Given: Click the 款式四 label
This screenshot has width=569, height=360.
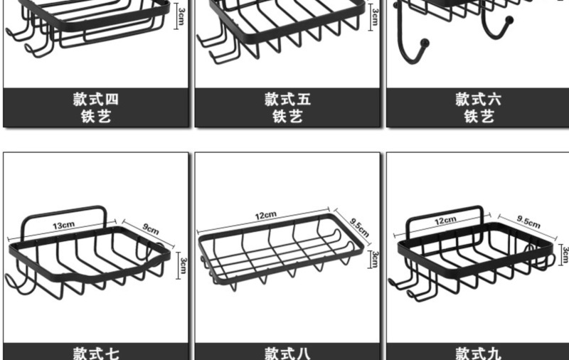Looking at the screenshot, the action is (x=96, y=100).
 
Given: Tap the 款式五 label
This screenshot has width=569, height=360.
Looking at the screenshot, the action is (x=287, y=100).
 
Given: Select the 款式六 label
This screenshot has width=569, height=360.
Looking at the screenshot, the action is (x=479, y=100).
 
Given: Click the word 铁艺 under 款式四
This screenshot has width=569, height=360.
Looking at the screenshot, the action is (x=96, y=117).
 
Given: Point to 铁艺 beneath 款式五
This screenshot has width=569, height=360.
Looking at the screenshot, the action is (x=287, y=117).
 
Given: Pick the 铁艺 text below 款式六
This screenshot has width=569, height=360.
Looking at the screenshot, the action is (x=479, y=117).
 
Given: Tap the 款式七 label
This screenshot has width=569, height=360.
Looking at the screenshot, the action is (x=96, y=353).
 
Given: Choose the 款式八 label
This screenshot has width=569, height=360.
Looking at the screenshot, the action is (x=287, y=353).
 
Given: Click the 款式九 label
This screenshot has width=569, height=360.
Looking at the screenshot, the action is (x=479, y=353).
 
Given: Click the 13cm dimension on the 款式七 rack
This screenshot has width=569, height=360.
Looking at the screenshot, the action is (x=63, y=225).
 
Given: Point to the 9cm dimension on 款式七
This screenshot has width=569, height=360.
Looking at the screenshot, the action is (x=151, y=229).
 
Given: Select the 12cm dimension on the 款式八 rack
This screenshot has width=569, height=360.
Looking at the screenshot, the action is (x=266, y=215).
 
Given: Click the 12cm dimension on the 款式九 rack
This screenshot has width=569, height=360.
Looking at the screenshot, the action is (x=445, y=221).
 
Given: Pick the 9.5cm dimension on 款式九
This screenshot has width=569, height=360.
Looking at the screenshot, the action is (x=528, y=222).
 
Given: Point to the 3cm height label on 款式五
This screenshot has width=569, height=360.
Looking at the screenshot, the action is (x=374, y=15).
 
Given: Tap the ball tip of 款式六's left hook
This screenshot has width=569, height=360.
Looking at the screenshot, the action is (x=425, y=43).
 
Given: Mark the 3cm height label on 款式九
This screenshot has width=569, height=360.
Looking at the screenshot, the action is (x=565, y=254).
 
